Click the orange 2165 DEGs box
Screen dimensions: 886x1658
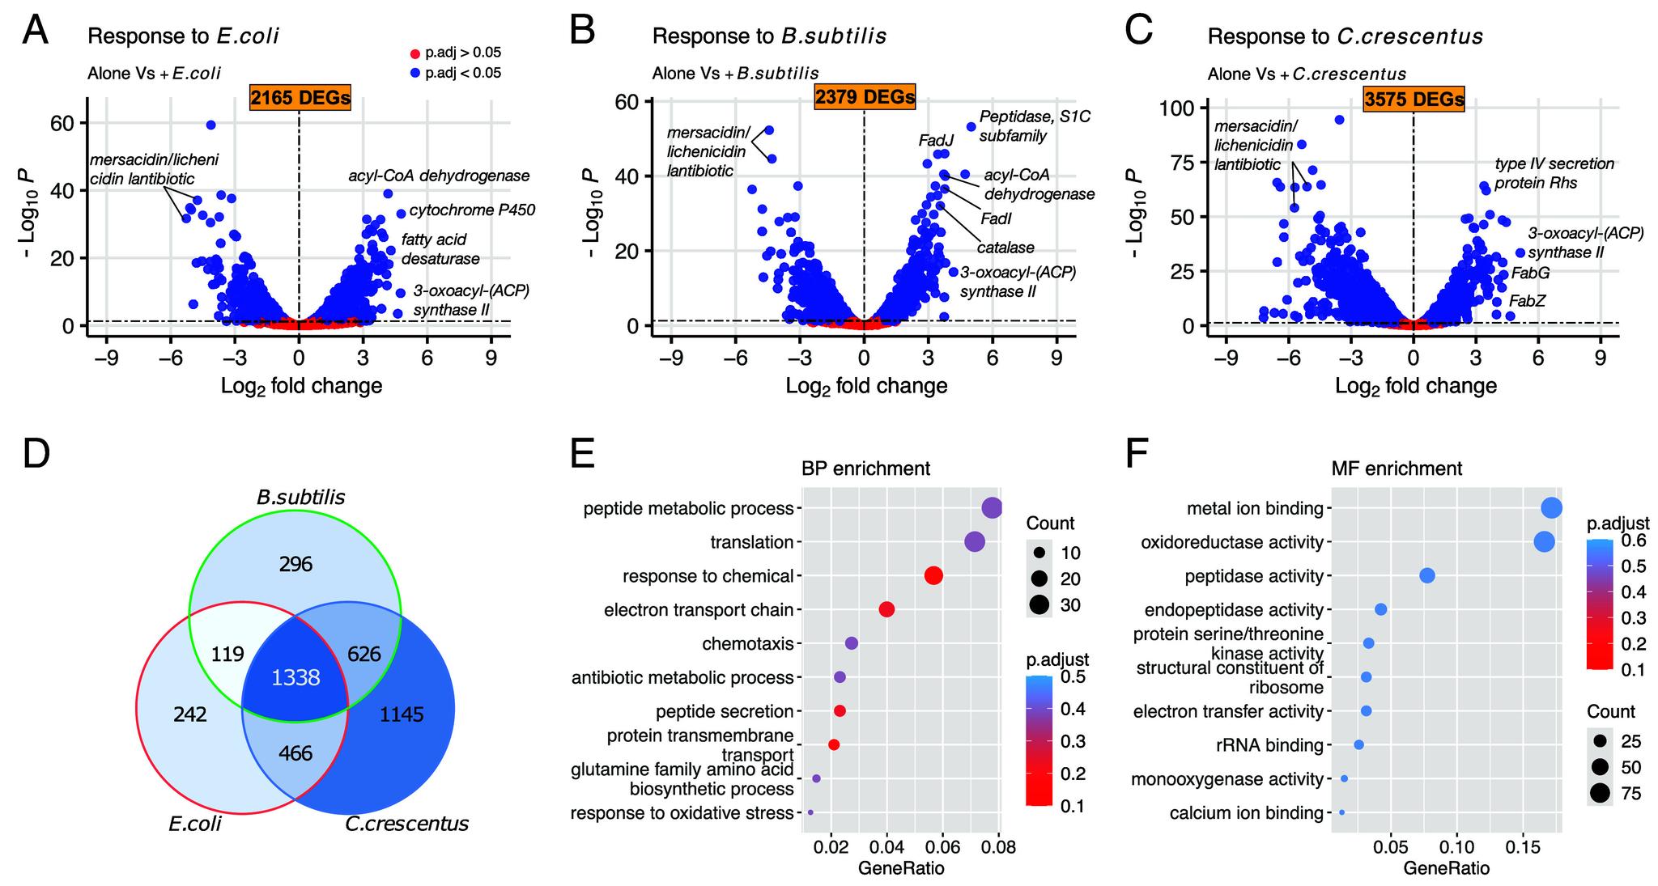[x=300, y=98]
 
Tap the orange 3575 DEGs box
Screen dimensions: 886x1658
[x=1414, y=100]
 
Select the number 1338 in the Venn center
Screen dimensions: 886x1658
[x=295, y=678]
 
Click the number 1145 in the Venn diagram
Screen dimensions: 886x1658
[x=402, y=714]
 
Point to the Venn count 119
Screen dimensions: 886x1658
[x=227, y=654]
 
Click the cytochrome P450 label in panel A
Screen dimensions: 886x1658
[x=472, y=210]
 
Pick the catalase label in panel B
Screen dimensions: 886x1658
[x=1005, y=248]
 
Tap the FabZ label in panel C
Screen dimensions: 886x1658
[x=1527, y=301]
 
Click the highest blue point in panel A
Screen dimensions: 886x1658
[x=210, y=125]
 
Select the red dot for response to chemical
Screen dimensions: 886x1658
[x=933, y=576]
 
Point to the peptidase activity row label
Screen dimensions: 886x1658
[x=1253, y=577]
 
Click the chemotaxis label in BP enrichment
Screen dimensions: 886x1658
[x=747, y=644]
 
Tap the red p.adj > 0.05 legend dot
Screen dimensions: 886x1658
[x=415, y=54]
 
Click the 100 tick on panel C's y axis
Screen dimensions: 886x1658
[x=1179, y=108]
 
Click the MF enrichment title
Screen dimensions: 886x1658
[x=1397, y=468]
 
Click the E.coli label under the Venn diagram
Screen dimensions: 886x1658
[x=195, y=824]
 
